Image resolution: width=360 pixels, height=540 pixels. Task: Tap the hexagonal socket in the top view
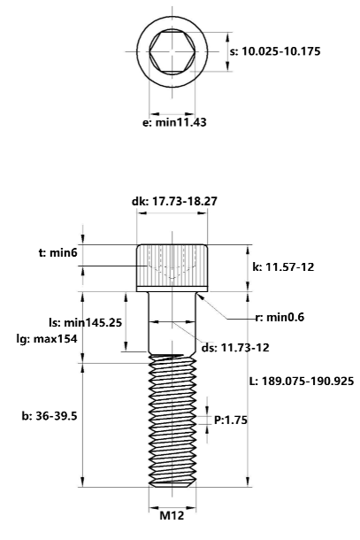pyautogui.click(x=174, y=51)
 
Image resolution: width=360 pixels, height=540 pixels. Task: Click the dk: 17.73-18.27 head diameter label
pyautogui.click(x=174, y=202)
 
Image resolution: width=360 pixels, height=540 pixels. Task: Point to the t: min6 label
pyautogui.click(x=58, y=252)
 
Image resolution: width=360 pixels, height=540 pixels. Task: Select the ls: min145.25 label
pyautogui.click(x=85, y=322)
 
